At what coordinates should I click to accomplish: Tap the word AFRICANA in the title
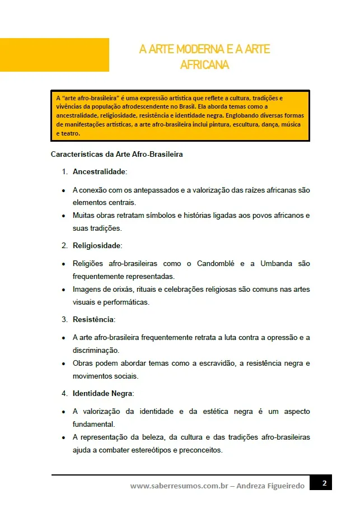coord(204,65)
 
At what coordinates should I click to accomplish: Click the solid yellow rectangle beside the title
coord(54,55)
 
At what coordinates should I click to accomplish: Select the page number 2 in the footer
coord(324,482)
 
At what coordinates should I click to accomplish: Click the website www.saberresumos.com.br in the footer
coord(179,486)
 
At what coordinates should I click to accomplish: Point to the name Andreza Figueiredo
coord(271,486)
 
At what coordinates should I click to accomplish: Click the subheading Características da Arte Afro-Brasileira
coord(116,154)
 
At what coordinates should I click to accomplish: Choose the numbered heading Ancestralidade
coord(99,171)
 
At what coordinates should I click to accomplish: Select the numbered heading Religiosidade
coord(97,245)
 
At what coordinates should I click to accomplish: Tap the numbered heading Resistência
coord(93,319)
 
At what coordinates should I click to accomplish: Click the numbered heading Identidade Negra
coord(103,393)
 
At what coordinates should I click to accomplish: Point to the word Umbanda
coord(277,263)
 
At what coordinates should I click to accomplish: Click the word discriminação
coord(96,350)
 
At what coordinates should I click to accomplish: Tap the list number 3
coord(64,319)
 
